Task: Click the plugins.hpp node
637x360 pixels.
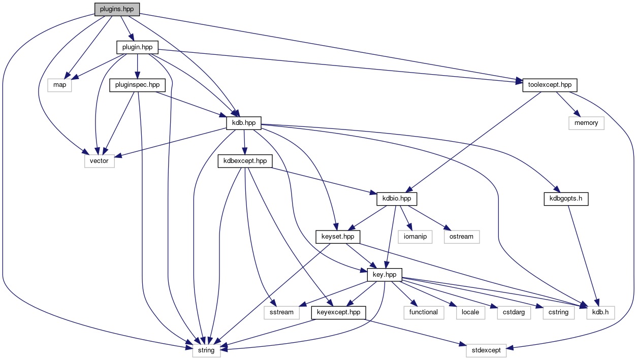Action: click(116, 9)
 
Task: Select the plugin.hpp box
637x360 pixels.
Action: click(137, 48)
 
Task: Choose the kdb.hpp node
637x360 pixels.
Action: click(244, 123)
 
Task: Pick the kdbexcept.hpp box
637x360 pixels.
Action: click(245, 161)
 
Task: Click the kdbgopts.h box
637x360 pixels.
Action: click(564, 199)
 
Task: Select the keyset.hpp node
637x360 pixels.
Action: click(338, 237)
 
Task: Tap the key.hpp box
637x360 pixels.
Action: click(385, 274)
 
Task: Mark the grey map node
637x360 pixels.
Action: click(60, 85)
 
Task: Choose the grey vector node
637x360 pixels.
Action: click(100, 161)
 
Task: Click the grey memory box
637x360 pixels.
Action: click(586, 123)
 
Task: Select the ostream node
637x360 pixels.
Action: click(461, 237)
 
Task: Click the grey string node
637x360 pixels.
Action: click(206, 350)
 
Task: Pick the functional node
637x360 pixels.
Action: click(424, 312)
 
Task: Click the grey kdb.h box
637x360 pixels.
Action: click(600, 312)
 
